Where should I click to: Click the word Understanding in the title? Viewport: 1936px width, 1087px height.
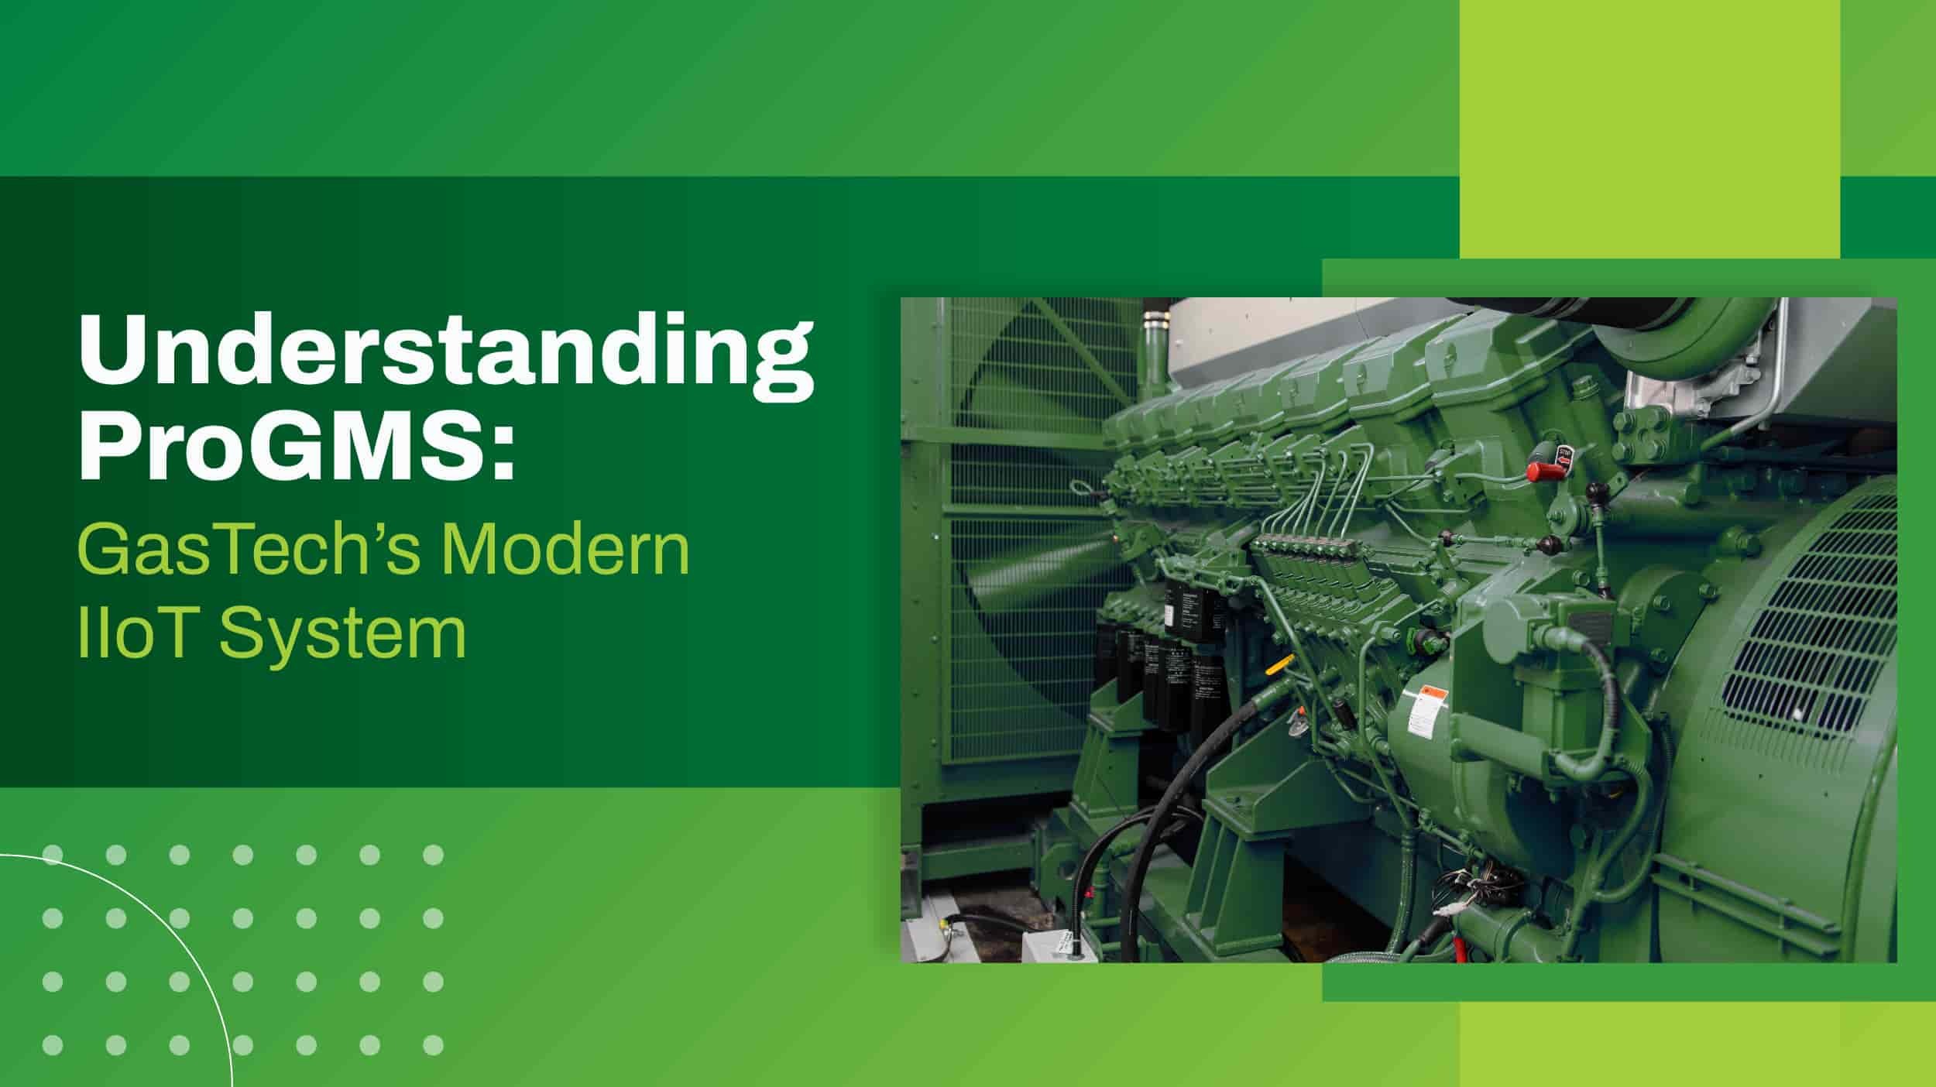(445, 356)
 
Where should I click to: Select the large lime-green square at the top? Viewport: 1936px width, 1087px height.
(1649, 128)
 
